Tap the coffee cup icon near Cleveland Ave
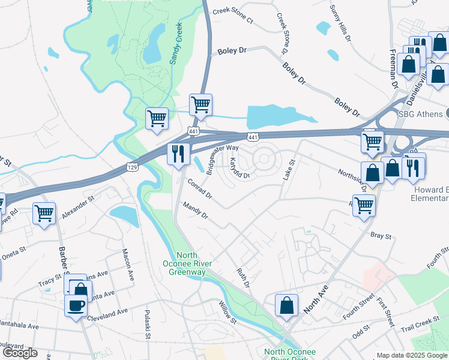coord(76,306)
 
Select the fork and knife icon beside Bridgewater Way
coord(178,154)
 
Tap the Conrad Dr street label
coord(200,188)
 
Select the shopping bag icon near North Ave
coord(287,305)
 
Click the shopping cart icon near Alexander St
coord(44,213)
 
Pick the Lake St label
coord(288,170)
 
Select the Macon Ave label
coord(128,264)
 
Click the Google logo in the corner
coord(20,353)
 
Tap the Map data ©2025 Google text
coord(412,355)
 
